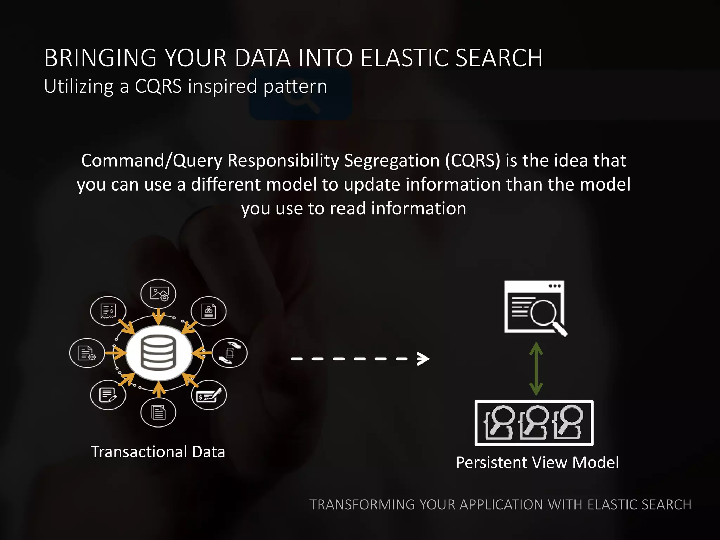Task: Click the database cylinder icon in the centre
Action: pos(158,353)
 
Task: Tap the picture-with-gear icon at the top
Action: pos(159,294)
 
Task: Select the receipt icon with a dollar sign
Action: pos(108,311)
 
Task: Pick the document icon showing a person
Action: pos(208,311)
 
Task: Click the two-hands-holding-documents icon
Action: pos(230,353)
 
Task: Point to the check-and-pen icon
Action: pos(209,395)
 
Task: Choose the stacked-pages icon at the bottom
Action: pos(158,412)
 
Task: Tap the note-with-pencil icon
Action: pos(108,395)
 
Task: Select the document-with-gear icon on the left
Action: pos(86,353)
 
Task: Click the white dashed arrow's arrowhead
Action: pos(423,359)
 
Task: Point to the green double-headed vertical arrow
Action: pos(536,369)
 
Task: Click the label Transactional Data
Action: pos(158,452)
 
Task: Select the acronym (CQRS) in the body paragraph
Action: pos(472,161)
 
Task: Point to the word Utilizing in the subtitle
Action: pos(79,86)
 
